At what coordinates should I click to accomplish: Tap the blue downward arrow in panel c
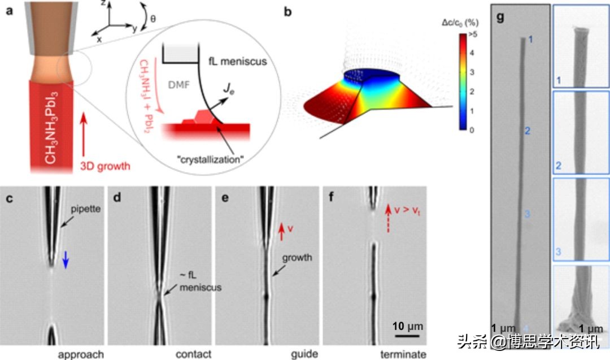tap(66, 259)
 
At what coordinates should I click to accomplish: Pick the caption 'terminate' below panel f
tap(404, 354)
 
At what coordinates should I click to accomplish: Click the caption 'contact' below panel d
tap(194, 354)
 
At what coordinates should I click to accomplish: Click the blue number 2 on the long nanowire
tap(527, 131)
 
